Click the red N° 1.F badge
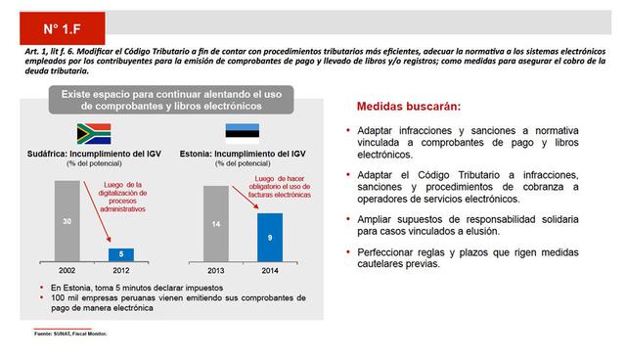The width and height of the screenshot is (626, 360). click(62, 22)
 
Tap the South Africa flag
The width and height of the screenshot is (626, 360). click(94, 134)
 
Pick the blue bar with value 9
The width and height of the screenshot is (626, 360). click(269, 237)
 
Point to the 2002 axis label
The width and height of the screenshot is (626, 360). click(67, 269)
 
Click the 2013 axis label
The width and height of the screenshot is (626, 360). click(215, 269)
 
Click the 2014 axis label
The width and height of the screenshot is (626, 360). click(269, 269)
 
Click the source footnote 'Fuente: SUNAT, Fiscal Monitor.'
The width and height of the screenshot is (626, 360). click(70, 336)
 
